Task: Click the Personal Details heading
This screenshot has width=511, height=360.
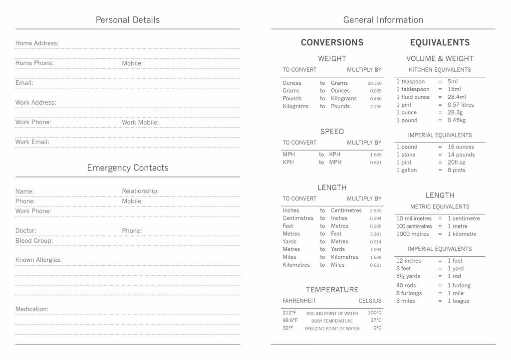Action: click(x=128, y=20)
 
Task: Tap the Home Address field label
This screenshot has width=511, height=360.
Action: click(x=37, y=43)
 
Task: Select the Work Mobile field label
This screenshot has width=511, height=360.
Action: click(x=140, y=123)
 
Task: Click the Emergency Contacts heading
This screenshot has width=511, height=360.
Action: click(x=128, y=168)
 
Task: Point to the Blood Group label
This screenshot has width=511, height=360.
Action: click(x=34, y=241)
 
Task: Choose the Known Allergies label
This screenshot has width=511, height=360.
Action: click(x=38, y=260)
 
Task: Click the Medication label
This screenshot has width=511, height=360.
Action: click(x=32, y=309)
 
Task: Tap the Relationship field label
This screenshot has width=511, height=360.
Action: click(x=140, y=191)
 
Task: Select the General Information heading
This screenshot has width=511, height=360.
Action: click(x=383, y=20)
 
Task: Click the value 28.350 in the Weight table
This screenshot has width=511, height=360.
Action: click(x=374, y=83)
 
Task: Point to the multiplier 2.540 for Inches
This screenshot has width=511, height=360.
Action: click(x=375, y=211)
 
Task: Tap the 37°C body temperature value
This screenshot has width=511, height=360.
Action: click(x=376, y=321)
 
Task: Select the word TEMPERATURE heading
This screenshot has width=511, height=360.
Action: click(x=332, y=290)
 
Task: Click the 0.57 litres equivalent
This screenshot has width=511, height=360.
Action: click(x=461, y=105)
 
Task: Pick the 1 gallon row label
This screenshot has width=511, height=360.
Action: click(x=407, y=171)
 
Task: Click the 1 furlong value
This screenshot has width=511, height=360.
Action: click(x=459, y=286)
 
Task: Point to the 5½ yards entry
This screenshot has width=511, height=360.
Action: click(x=408, y=276)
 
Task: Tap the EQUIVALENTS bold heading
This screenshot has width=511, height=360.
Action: click(x=440, y=43)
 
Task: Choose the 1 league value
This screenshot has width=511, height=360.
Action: click(x=458, y=301)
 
